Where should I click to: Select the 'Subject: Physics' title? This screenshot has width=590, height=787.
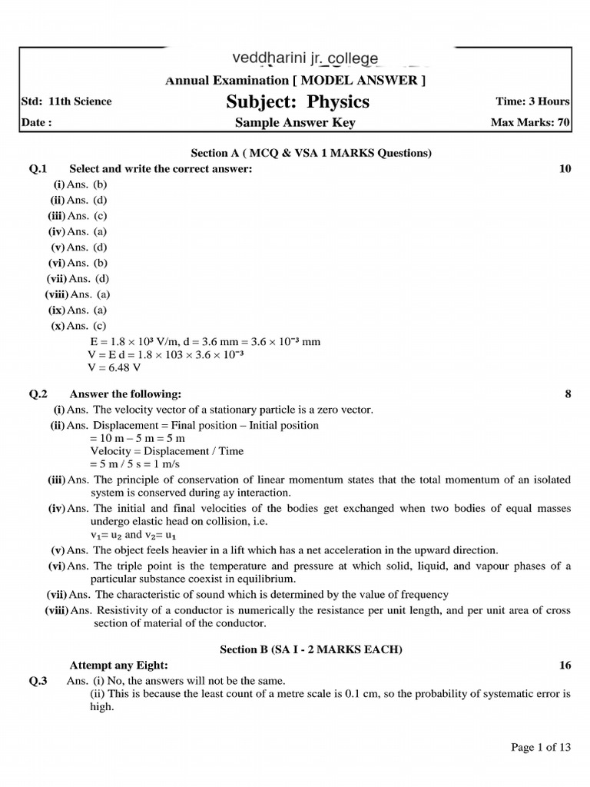click(x=297, y=101)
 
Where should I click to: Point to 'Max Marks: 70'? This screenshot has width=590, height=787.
click(x=529, y=122)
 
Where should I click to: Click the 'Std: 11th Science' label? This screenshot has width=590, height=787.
click(x=66, y=101)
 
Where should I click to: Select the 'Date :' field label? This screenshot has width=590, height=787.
click(x=36, y=122)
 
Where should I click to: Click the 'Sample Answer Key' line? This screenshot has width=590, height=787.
click(x=295, y=122)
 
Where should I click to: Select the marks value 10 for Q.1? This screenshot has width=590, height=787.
click(x=565, y=168)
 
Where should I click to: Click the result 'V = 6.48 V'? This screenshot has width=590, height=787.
click(x=115, y=367)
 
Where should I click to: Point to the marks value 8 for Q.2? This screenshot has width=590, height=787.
click(x=568, y=394)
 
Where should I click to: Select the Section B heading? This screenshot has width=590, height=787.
click(x=310, y=649)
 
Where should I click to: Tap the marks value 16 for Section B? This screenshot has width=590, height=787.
click(x=565, y=666)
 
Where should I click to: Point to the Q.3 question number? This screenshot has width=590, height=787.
click(x=38, y=681)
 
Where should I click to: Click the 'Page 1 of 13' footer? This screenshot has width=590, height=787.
click(x=541, y=747)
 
